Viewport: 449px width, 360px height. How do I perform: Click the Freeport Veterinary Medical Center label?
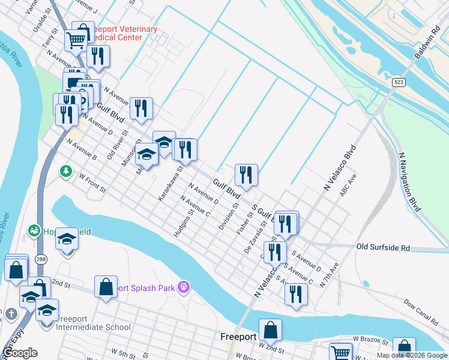click(123, 33)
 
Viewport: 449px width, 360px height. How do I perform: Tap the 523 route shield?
click(398, 81)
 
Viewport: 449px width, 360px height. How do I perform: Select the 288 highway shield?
click(39, 242)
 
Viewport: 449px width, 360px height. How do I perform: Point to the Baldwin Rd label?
click(427, 41)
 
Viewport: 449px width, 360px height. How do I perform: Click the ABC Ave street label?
click(348, 188)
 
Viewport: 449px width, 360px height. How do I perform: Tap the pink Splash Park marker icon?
click(184, 288)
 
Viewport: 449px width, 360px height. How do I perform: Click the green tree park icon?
click(65, 172)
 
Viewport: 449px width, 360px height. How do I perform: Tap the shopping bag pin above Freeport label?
click(270, 329)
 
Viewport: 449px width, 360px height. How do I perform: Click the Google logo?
click(20, 353)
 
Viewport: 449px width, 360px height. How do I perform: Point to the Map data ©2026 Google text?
click(412, 355)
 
